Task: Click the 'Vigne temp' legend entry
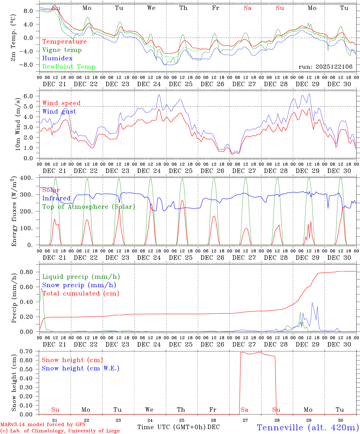click(62, 50)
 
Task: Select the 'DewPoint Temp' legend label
click(69, 67)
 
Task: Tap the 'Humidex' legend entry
click(57, 58)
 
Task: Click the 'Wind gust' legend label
click(59, 112)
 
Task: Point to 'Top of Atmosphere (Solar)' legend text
click(88, 207)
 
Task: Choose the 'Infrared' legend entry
click(56, 198)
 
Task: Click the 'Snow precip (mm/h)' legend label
click(79, 285)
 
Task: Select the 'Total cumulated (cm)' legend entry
click(81, 294)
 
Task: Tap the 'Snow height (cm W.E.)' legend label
click(81, 368)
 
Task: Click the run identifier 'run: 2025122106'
click(325, 67)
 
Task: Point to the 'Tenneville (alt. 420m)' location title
click(308, 427)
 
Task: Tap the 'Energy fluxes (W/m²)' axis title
click(14, 212)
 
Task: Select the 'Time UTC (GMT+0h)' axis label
click(171, 427)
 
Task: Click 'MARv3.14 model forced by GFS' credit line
click(43, 425)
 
